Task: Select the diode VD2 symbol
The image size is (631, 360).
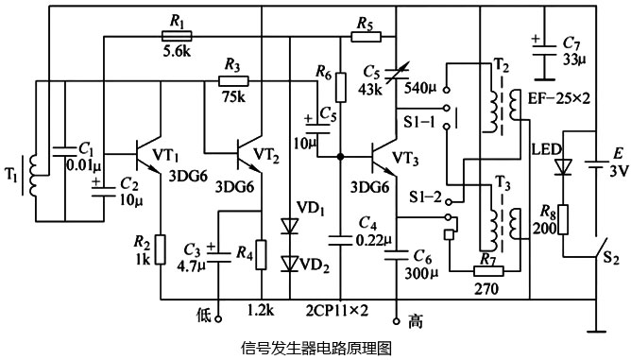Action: (287, 262)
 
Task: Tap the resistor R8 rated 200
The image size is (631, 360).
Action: (564, 218)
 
